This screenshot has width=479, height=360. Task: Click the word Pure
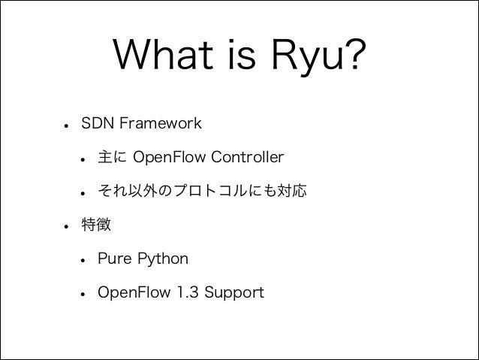[x=113, y=259]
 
